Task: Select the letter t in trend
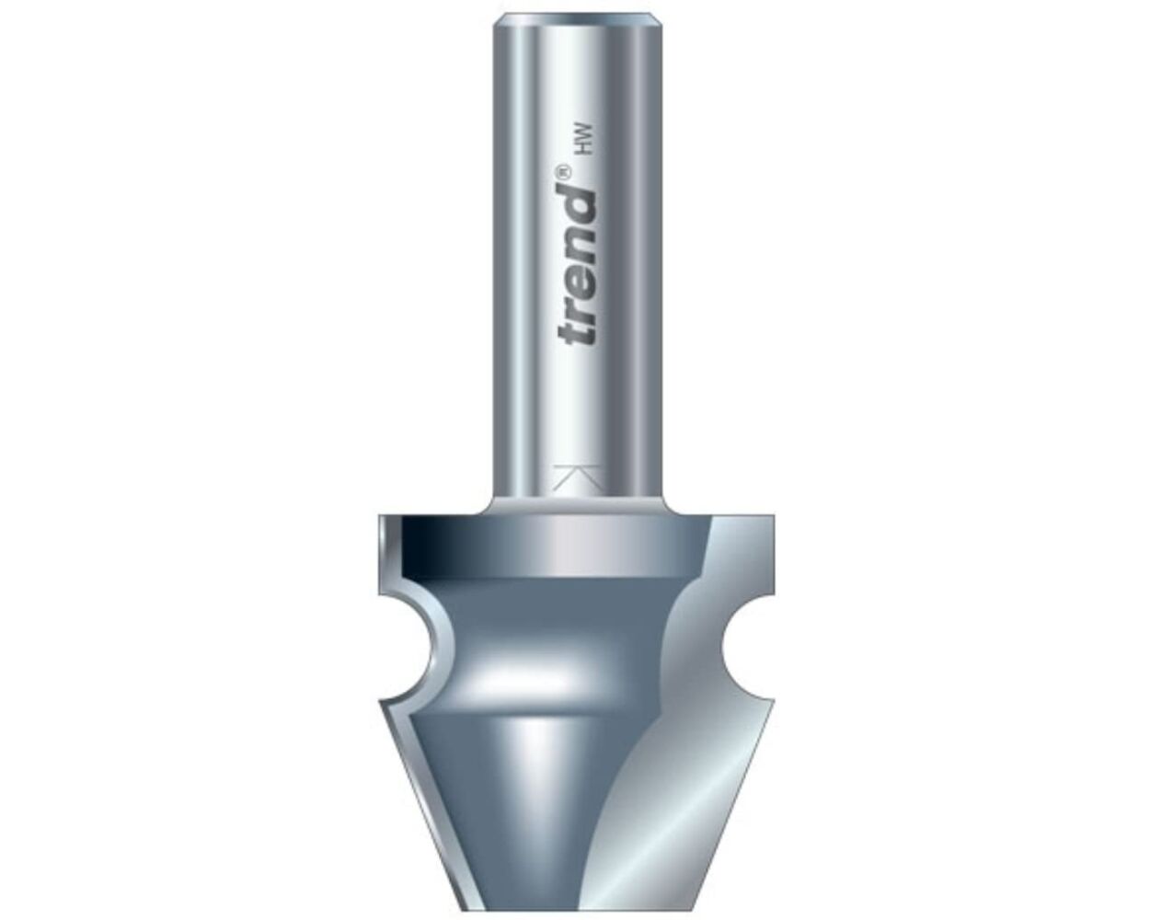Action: tap(579, 329)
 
